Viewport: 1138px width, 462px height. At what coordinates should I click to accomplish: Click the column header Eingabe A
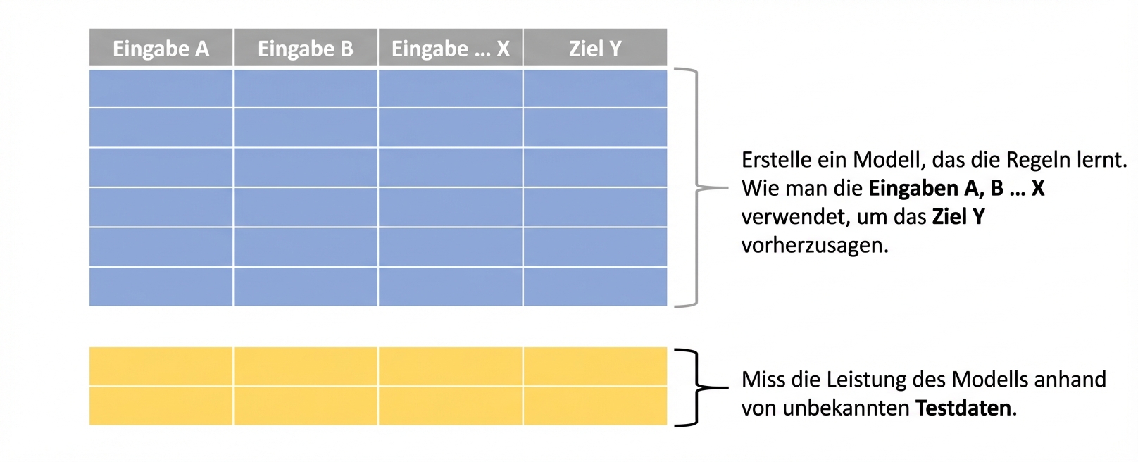(161, 49)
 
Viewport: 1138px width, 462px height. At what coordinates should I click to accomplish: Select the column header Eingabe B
(305, 49)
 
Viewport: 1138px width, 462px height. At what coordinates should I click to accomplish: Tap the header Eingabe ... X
(450, 49)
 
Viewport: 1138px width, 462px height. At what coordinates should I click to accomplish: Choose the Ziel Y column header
(595, 49)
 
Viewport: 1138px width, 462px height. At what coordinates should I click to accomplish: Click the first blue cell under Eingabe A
(161, 88)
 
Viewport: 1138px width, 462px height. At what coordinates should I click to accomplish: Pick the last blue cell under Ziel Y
(595, 287)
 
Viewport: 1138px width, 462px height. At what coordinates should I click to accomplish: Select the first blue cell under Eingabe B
(305, 88)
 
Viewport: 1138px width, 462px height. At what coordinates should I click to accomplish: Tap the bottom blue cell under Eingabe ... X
(450, 287)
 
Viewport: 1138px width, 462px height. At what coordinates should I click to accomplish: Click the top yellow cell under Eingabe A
(161, 366)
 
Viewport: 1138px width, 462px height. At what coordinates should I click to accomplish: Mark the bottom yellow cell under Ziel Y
(595, 406)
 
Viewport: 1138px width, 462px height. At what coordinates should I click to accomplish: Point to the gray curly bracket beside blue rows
(697, 187)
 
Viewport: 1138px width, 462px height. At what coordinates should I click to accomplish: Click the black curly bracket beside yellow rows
(697, 387)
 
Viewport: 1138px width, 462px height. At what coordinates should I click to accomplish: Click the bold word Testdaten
(964, 408)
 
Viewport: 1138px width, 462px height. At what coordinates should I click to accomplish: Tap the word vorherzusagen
(814, 245)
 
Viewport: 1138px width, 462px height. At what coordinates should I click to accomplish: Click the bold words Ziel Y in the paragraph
(958, 217)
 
